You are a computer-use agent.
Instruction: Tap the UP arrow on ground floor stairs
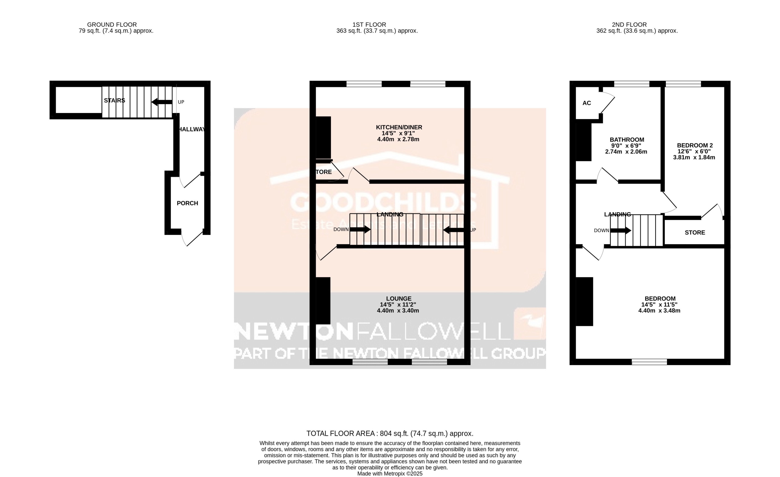pyautogui.click(x=162, y=102)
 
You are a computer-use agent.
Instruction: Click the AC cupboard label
pyautogui.click(x=586, y=103)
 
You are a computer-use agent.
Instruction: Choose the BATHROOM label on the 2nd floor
pyautogui.click(x=626, y=140)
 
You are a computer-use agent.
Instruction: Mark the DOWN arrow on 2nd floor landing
pyautogui.click(x=620, y=230)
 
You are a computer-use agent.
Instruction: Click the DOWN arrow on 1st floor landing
pyautogui.click(x=360, y=230)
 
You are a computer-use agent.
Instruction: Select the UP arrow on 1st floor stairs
pyautogui.click(x=453, y=230)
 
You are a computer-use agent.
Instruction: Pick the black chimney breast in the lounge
pyautogui.click(x=323, y=301)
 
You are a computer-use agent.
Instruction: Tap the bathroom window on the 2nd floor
pyautogui.click(x=632, y=84)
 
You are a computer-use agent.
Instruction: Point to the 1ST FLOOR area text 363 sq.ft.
pyautogui.click(x=377, y=31)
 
